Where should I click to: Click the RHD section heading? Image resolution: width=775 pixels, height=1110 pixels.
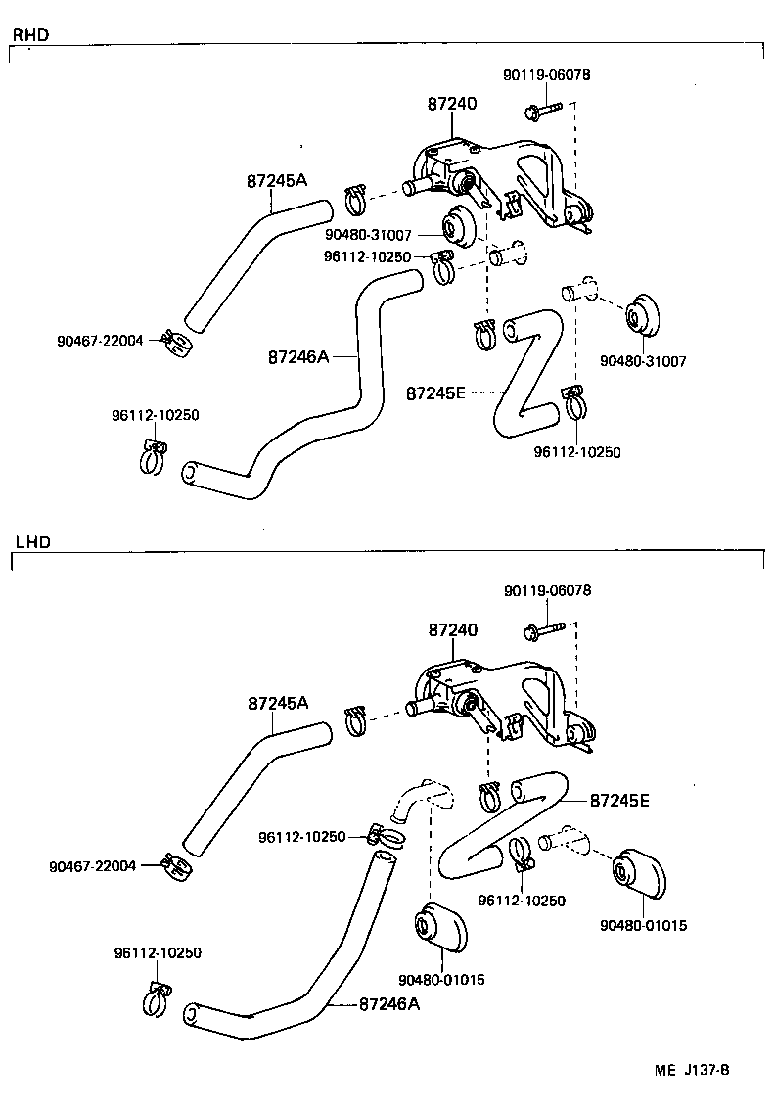click(x=30, y=35)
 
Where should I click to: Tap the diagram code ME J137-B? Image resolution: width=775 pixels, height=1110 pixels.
click(x=692, y=1070)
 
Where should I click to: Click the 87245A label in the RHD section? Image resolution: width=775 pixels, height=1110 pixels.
click(x=277, y=181)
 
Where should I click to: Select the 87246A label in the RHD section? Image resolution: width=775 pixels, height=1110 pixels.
click(x=297, y=357)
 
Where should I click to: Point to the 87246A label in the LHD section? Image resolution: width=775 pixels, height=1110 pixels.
click(x=389, y=1003)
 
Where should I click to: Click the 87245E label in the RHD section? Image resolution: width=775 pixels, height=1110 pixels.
click(x=436, y=393)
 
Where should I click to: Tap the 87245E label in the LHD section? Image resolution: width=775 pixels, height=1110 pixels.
click(x=619, y=800)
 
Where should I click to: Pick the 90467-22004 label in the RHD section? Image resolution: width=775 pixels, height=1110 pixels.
click(x=100, y=341)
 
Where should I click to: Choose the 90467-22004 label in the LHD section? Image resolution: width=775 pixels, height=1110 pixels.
click(x=91, y=866)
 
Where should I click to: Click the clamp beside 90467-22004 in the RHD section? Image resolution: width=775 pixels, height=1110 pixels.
click(x=176, y=343)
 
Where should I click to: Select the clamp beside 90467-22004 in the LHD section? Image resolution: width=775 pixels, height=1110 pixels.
click(x=175, y=865)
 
